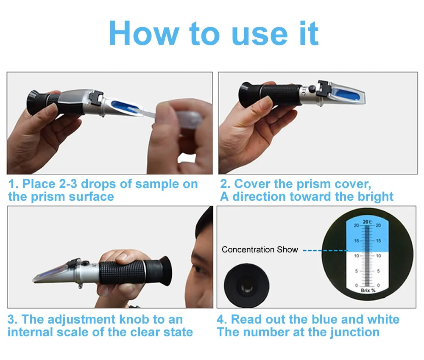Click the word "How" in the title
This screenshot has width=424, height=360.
(144, 33)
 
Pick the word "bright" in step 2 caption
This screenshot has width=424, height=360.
(376, 197)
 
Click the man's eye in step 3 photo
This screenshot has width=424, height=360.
(198, 269)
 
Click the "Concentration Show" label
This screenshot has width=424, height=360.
(260, 249)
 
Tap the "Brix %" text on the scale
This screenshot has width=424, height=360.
(368, 291)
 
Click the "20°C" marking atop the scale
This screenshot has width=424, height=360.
(368, 222)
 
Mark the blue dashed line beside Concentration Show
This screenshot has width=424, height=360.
(325, 251)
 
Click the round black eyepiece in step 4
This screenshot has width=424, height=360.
(246, 285)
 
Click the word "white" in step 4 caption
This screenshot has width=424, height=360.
(383, 319)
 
